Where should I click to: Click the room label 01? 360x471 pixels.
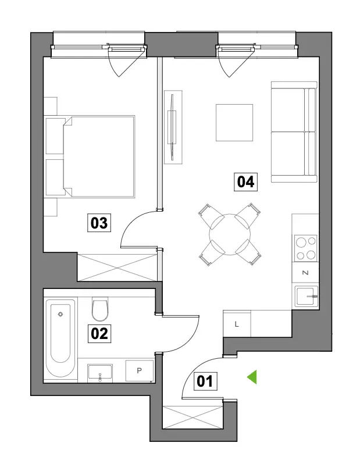[x=205, y=381]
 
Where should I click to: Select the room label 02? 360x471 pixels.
[x=99, y=333]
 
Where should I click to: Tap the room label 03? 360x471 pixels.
[x=99, y=223]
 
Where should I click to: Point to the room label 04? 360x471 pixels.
[x=246, y=182]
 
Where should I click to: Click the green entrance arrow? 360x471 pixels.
[x=252, y=377]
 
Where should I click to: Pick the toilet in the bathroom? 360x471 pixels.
[x=100, y=309]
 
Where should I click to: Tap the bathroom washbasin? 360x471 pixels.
[x=100, y=373]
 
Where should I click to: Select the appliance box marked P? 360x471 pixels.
[x=140, y=370]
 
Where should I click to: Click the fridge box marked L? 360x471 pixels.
[x=237, y=324]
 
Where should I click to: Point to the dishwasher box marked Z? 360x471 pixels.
[x=305, y=273]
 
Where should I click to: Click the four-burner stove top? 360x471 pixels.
[x=305, y=248]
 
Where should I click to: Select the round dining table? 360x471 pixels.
[x=230, y=234]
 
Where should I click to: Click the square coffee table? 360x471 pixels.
[x=234, y=123]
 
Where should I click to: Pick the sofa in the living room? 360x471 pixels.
[x=294, y=132]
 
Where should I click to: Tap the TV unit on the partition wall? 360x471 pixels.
[x=173, y=127]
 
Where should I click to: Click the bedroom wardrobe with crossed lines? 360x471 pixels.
[x=117, y=267]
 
